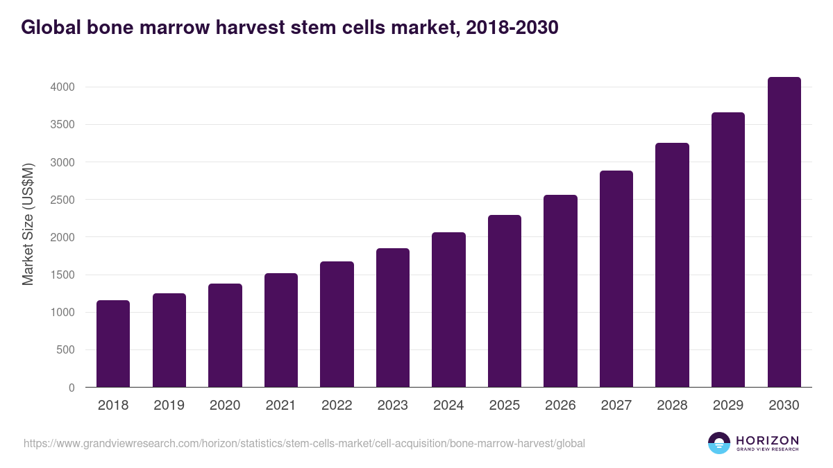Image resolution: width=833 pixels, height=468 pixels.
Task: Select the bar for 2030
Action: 784,232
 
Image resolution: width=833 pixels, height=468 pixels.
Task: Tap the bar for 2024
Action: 448,309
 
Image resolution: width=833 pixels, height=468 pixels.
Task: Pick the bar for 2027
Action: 616,279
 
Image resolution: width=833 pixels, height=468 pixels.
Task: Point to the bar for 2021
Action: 281,330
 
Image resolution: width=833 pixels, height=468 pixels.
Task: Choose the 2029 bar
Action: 728,250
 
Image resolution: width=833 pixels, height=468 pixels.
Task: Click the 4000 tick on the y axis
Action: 62,87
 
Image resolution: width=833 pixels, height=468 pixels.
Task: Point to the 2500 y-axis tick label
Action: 62,200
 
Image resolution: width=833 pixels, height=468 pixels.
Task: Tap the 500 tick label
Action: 66,350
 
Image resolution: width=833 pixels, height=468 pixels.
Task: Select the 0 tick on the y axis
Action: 71,388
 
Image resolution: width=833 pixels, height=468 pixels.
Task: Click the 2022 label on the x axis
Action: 337,406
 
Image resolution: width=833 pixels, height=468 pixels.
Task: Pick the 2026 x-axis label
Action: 560,406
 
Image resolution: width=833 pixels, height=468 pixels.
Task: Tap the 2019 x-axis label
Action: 169,406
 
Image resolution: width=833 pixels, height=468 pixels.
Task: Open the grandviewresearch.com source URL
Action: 304,443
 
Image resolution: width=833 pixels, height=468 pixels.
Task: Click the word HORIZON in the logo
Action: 767,440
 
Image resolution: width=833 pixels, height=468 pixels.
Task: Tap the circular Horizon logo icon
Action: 719,443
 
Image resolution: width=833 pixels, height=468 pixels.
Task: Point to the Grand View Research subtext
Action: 767,450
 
